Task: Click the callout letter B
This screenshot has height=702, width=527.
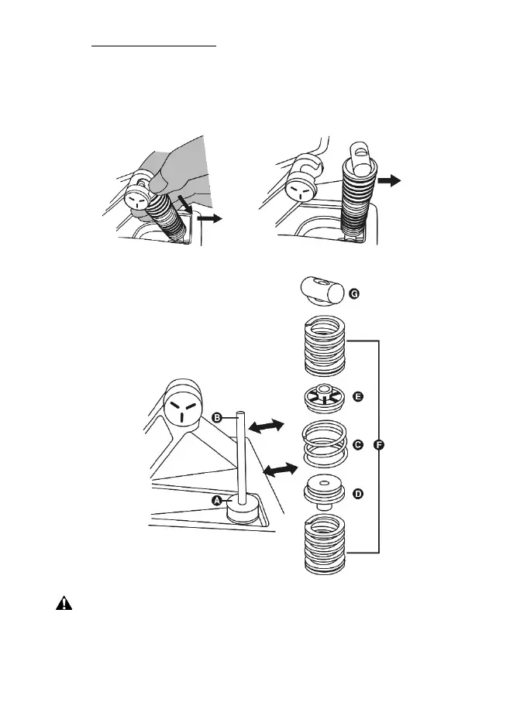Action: click(218, 417)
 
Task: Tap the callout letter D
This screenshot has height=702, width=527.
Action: click(357, 493)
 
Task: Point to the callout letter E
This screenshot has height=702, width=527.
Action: click(357, 396)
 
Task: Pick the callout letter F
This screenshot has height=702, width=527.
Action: click(379, 445)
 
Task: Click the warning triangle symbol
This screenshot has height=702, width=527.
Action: click(63, 604)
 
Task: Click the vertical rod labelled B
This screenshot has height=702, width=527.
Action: click(243, 457)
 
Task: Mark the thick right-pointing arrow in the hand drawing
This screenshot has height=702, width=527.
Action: click(208, 220)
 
